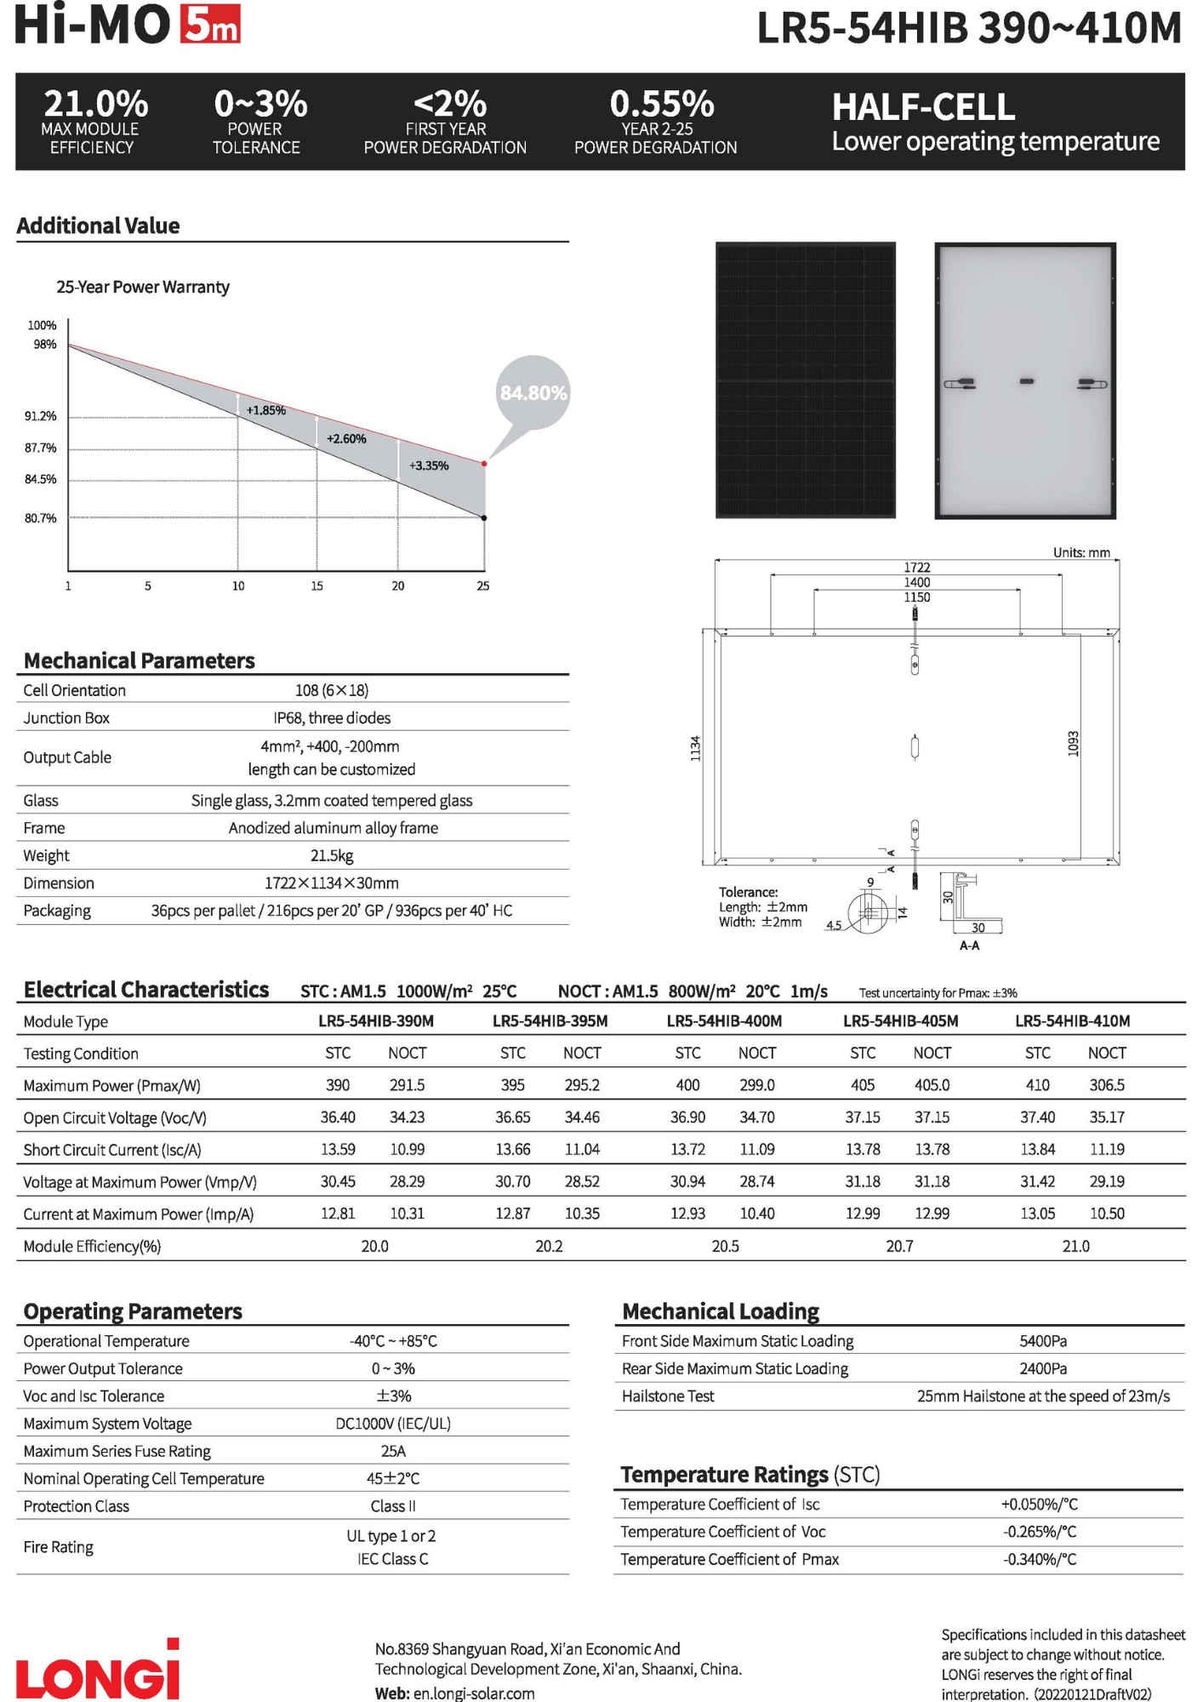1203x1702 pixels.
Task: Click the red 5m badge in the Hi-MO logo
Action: point(210,25)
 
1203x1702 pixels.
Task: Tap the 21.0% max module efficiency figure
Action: point(95,104)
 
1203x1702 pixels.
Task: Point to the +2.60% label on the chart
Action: point(346,439)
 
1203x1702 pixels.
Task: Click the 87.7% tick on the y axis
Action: point(41,448)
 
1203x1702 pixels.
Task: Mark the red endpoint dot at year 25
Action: point(484,464)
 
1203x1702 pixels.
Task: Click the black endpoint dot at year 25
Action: point(484,517)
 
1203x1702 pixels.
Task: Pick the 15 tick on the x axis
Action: point(316,586)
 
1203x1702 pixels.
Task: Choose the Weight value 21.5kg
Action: point(332,855)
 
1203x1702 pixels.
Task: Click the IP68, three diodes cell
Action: point(332,718)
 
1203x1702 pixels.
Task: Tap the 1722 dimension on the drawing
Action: point(916,568)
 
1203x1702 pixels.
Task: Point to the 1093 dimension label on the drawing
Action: point(1073,743)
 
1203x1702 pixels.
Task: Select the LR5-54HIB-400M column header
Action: point(724,1021)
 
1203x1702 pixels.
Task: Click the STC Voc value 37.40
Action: point(1037,1117)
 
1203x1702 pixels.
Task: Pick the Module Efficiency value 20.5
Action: point(725,1246)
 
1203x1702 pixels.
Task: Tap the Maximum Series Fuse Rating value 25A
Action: point(393,1451)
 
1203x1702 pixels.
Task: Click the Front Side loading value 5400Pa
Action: point(1042,1341)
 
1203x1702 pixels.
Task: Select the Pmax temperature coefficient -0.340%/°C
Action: point(1039,1559)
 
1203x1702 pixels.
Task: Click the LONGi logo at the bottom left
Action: point(98,1671)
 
